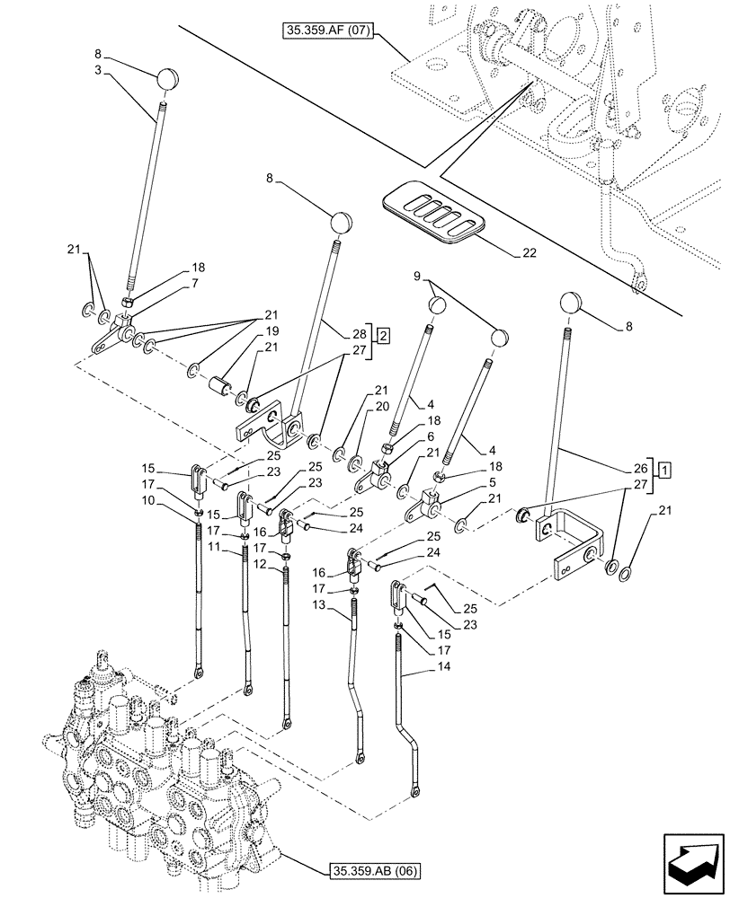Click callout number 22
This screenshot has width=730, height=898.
point(530,253)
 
